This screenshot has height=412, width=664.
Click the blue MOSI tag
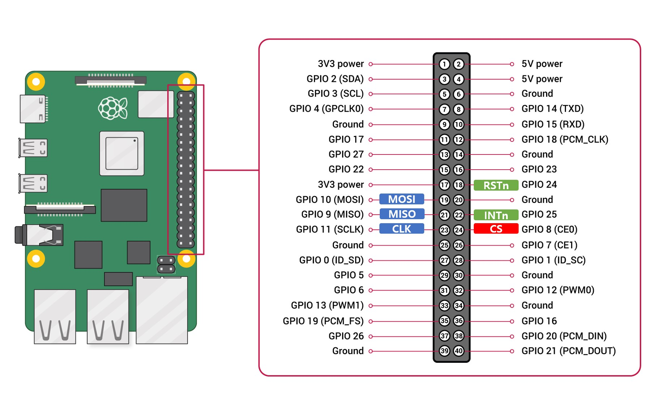[x=401, y=199]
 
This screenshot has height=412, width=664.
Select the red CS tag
[x=496, y=229]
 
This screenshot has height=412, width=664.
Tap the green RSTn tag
[x=496, y=185]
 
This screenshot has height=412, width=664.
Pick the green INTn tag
[x=496, y=215]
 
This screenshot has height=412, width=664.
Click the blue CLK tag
[x=401, y=229]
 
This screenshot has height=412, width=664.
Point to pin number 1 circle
[x=444, y=64]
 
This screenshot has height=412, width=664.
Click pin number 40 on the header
[x=459, y=351]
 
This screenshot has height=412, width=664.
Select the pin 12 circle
[x=459, y=140]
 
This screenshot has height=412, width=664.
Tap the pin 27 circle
[x=444, y=260]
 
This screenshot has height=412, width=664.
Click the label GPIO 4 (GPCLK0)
[x=326, y=109]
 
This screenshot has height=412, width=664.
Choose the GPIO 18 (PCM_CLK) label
[x=565, y=140]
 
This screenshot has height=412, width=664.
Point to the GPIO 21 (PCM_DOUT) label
[x=568, y=351]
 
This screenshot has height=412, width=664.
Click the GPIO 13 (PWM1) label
[x=327, y=306]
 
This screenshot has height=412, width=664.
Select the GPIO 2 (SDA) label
[x=335, y=79]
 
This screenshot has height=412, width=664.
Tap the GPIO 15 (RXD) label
[x=553, y=124]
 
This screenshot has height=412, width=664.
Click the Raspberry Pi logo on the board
[x=113, y=108]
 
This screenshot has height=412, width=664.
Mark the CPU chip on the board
[x=122, y=153]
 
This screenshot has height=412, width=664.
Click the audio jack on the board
[x=39, y=235]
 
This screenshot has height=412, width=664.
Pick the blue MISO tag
[x=401, y=214]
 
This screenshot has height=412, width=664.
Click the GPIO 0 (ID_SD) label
[x=331, y=260]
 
